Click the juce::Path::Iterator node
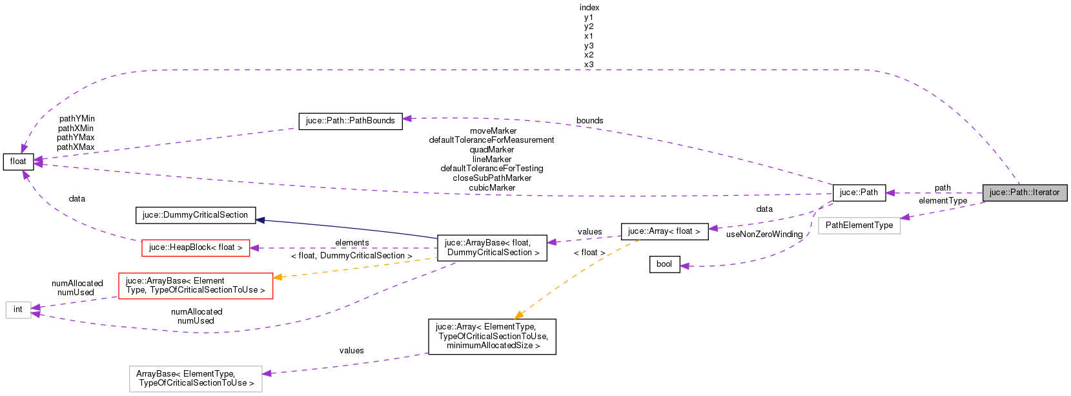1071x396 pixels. tap(1025, 193)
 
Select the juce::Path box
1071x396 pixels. tap(859, 193)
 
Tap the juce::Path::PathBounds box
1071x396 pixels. tap(351, 121)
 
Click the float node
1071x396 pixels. tap(18, 162)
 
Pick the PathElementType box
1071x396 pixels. tap(859, 225)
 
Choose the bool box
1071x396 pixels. tap(664, 264)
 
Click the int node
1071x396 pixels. tap(18, 309)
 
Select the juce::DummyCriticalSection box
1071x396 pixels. tap(195, 215)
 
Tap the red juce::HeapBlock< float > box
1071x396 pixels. tap(196, 247)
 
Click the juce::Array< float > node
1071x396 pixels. tap(664, 231)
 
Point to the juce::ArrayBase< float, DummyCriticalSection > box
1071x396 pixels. tap(492, 247)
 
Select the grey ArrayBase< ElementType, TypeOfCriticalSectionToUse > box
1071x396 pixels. tap(196, 379)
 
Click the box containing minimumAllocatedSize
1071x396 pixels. tap(492, 336)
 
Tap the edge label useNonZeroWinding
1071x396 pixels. tap(764, 234)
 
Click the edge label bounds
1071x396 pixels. tap(590, 121)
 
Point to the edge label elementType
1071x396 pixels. tap(943, 201)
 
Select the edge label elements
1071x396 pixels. tap(352, 243)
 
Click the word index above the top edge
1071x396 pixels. tap(589, 8)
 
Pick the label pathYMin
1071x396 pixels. tap(77, 119)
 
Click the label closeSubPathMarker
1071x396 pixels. tap(492, 178)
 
